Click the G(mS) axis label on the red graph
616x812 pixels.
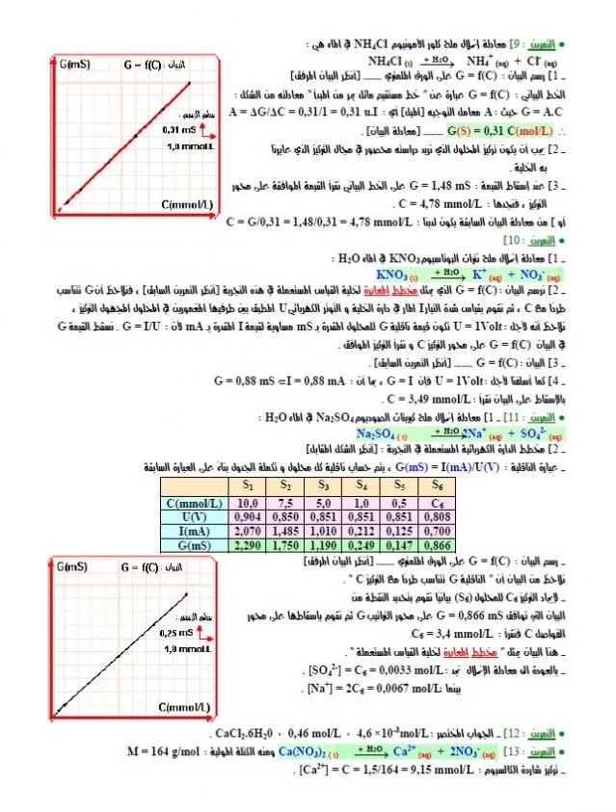pos(75,65)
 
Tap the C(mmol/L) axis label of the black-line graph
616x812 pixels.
pos(187,708)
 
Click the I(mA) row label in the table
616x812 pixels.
pos(194,530)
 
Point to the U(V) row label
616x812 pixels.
pos(194,515)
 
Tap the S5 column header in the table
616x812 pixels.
pos(402,486)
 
